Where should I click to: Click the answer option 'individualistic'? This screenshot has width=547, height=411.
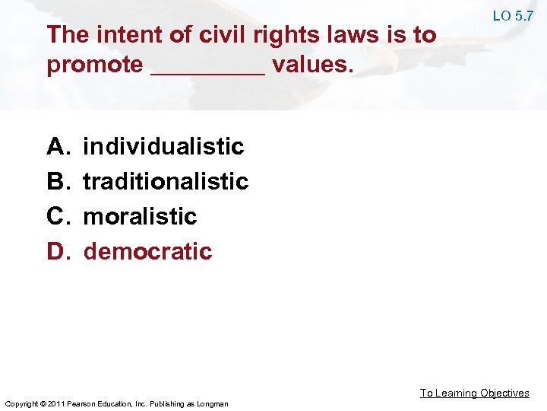click(x=163, y=146)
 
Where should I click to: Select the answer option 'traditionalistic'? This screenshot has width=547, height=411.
click(x=166, y=181)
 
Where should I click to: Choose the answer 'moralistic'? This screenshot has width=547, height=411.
click(x=140, y=216)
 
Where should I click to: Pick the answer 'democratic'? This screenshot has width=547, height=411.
click(x=147, y=251)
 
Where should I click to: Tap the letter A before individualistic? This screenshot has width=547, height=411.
click(x=58, y=146)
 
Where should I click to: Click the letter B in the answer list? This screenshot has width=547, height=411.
click(x=58, y=181)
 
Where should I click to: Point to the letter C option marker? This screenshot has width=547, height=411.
click(x=58, y=216)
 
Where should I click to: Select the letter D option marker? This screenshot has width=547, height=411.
click(x=58, y=251)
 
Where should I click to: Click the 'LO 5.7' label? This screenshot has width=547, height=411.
click(x=512, y=16)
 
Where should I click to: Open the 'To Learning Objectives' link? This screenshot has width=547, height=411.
click(x=475, y=393)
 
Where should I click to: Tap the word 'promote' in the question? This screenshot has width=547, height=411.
click(x=94, y=65)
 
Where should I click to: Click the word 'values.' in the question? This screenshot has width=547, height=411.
click(x=312, y=65)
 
